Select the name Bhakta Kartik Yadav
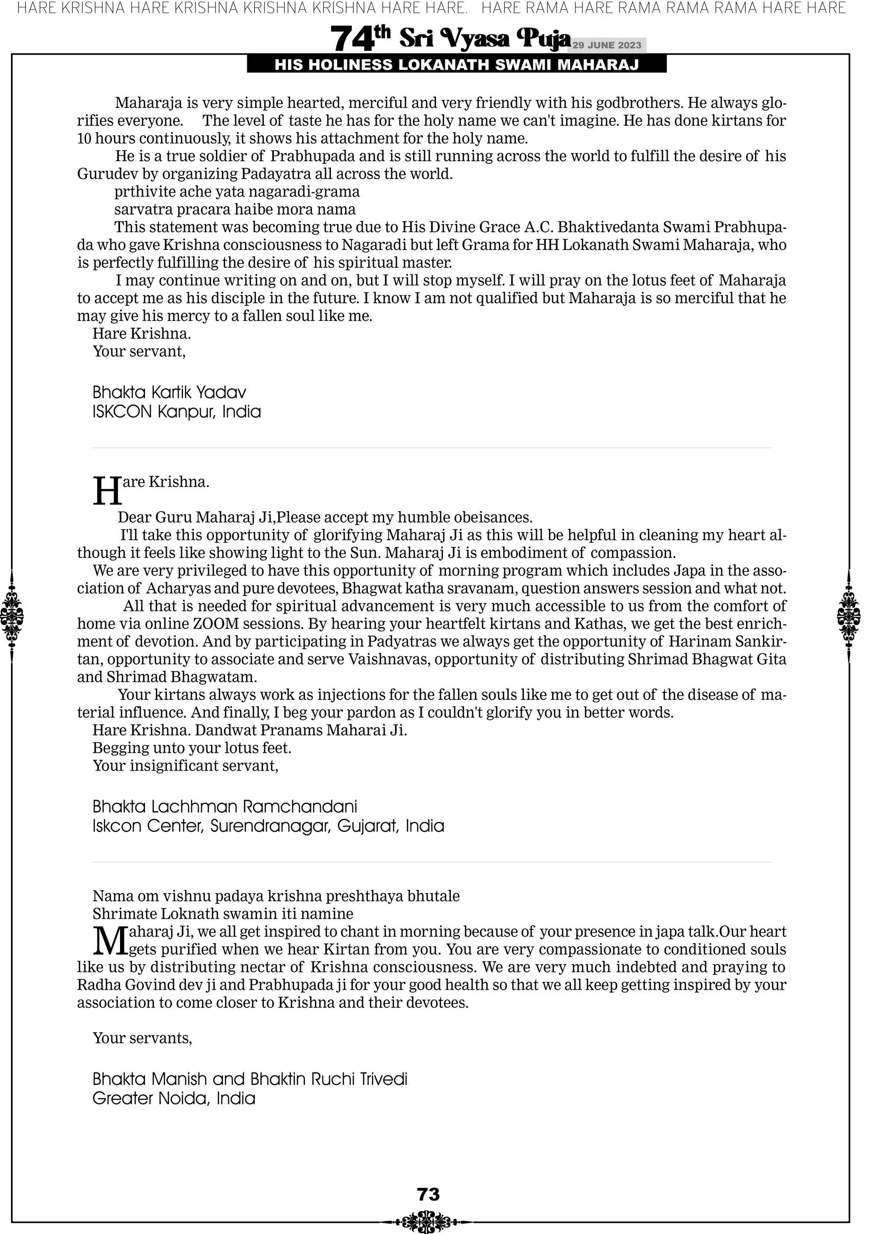pos(169,392)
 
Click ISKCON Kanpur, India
pos(177,412)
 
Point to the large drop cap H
pos(107,491)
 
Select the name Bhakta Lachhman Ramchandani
pos(225,806)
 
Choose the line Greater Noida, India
pos(174,1099)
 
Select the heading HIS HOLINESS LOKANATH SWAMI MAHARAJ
pos(457,65)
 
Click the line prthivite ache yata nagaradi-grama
pos(237,191)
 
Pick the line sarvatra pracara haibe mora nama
pos(235,209)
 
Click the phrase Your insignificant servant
pos(185,765)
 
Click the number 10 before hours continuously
pos(85,138)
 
